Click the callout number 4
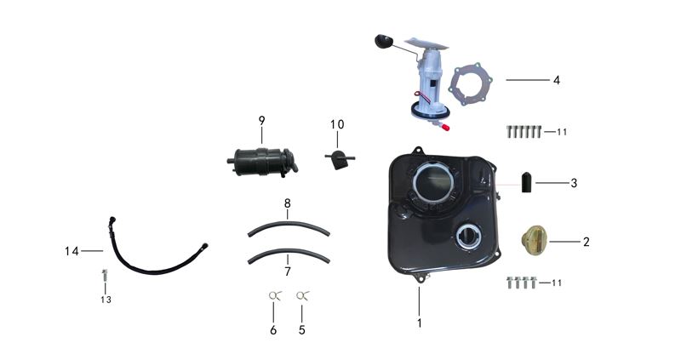(557, 80)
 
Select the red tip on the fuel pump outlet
(444, 128)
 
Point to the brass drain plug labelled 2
(534, 240)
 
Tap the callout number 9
(261, 120)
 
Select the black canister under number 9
(262, 162)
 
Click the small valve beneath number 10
(339, 158)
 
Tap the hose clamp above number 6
(274, 295)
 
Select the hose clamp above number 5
(302, 295)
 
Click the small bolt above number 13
(105, 276)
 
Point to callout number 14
(72, 251)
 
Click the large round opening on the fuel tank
(434, 181)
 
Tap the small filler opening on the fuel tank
(469, 237)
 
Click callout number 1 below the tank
(419, 323)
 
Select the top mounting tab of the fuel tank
(418, 151)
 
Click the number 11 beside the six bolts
(562, 132)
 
